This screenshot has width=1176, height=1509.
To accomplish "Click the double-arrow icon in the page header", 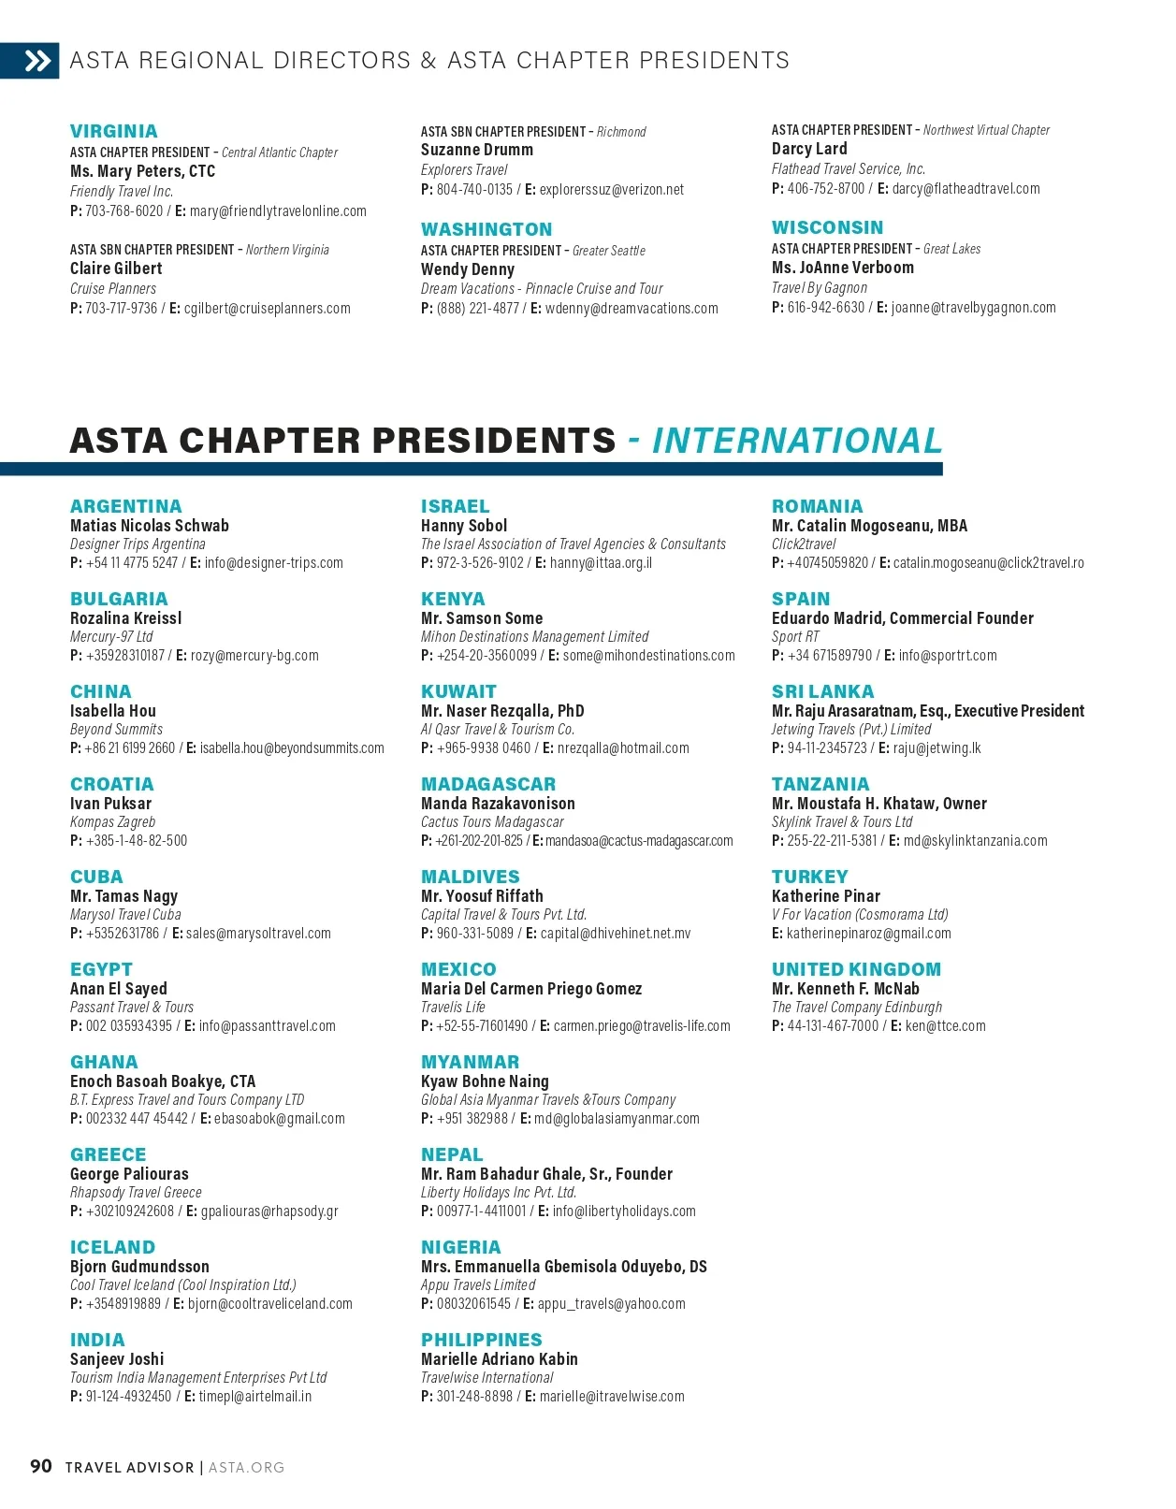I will coord(37,62).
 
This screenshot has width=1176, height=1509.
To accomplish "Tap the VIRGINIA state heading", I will coord(113,132).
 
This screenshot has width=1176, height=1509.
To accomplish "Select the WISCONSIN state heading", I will coord(827,228).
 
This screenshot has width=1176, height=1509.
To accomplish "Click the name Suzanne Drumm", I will coord(476,151).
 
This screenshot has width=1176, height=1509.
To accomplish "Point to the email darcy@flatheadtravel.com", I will coord(965,189).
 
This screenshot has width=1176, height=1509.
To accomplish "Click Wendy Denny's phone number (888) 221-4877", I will coord(477,309).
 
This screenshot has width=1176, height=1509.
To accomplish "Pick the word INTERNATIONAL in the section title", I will coord(796,442).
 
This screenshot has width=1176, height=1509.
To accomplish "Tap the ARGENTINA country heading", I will coord(125,507).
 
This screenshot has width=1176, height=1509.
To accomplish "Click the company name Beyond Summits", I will coord(116,730).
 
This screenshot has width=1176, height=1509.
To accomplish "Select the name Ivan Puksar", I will coord(110,804).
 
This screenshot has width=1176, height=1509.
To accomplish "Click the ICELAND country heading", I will coord(112,1248).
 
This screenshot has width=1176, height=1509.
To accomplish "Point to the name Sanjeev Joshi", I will coord(117,1359).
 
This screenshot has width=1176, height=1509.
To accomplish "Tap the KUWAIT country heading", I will coord(458,692).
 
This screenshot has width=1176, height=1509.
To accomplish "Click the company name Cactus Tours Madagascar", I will coord(492,822).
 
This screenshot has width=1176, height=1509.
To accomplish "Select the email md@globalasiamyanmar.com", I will coord(617,1119).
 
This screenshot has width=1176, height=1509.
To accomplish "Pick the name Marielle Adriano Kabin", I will coord(499,1359).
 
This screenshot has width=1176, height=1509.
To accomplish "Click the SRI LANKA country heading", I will coord(822,692).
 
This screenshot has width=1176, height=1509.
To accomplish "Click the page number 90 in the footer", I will coord(41,1467).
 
